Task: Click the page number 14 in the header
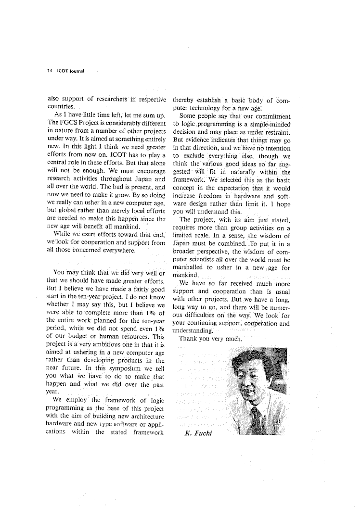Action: click(x=50, y=71)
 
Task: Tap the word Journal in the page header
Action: click(x=75, y=71)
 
